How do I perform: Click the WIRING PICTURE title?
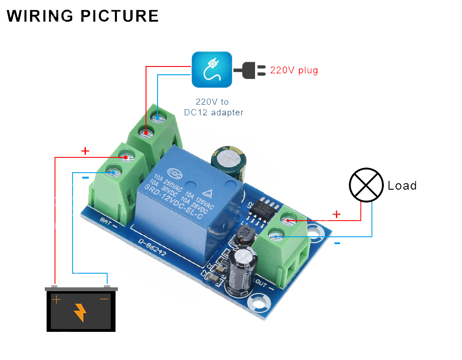click(83, 16)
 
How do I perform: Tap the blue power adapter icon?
click(212, 69)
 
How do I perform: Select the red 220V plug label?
click(294, 71)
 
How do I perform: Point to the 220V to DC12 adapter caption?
click(213, 107)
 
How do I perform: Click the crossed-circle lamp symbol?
click(366, 185)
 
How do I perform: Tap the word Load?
click(402, 186)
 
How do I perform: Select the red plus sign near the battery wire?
click(85, 151)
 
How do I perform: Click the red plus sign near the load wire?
click(337, 214)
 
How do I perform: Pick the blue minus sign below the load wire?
click(337, 243)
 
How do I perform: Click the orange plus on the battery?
click(56, 300)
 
